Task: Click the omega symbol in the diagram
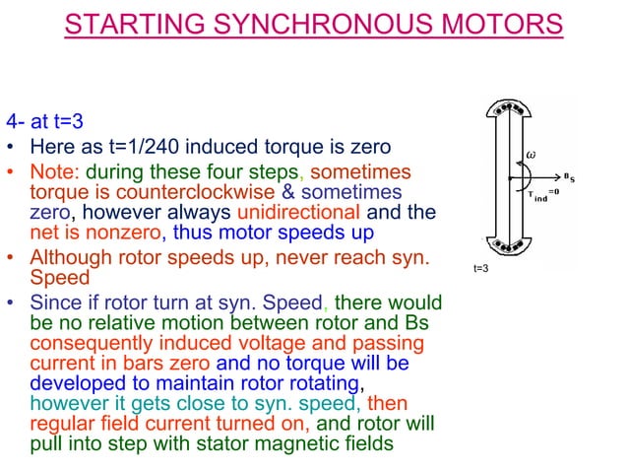[531, 155]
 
